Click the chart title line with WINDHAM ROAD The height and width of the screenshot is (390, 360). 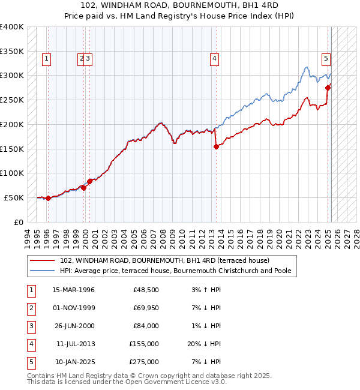click(x=180, y=5)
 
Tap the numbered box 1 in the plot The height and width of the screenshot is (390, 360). click(x=46, y=59)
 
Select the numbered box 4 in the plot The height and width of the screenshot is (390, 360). click(x=214, y=59)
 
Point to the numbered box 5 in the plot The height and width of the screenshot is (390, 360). click(x=326, y=59)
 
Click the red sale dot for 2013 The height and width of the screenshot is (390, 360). click(x=216, y=146)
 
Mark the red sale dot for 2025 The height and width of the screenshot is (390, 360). click(x=328, y=88)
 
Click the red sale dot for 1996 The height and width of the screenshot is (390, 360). click(x=48, y=199)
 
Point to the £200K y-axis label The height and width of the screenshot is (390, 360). click(x=12, y=124)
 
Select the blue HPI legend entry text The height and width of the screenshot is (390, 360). click(x=175, y=271)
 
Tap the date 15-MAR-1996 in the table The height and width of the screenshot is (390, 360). click(x=73, y=290)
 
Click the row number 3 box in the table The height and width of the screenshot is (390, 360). click(x=29, y=326)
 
